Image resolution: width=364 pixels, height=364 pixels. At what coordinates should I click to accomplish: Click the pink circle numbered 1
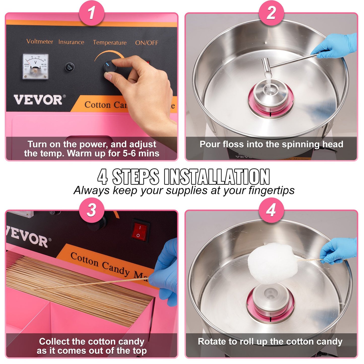92,13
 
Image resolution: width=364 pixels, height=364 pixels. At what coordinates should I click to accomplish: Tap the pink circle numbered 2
271,13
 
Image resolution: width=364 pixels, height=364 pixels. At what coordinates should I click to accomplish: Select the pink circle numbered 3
92,210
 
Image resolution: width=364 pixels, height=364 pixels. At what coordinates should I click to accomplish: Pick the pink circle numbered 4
271,210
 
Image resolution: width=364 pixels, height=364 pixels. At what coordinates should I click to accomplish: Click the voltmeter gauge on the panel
35,67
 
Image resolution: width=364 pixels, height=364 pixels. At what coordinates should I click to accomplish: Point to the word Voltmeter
40,42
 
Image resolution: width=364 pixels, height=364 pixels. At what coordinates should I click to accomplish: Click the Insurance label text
71,42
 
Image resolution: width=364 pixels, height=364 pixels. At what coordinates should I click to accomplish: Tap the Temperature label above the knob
110,43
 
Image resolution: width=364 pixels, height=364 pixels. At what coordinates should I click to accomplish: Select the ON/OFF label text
147,43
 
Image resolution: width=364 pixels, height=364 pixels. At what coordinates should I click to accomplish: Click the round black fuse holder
70,67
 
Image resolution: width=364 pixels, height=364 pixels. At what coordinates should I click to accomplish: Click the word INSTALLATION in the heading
217,177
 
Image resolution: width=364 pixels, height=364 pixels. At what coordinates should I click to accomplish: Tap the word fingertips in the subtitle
271,190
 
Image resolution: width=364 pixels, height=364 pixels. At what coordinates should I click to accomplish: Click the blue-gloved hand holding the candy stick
339,251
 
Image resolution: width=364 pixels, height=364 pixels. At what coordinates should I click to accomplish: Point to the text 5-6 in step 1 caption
129,153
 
